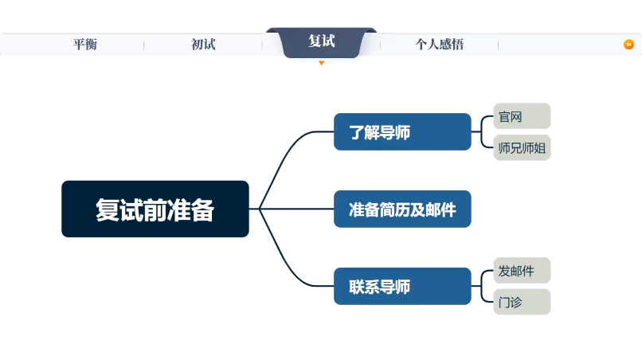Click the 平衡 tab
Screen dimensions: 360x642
84,45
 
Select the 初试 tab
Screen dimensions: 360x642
203,45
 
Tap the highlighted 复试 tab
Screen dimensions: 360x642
321,41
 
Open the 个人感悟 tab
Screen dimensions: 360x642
439,45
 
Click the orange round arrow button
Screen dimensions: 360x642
628,45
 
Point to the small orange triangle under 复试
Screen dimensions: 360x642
321,63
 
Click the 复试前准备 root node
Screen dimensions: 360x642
155,209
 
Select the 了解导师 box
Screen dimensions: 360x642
402,132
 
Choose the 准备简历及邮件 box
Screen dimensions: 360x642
402,209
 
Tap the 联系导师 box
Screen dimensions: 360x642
402,286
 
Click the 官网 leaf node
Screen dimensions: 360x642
522,116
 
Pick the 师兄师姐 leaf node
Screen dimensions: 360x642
522,147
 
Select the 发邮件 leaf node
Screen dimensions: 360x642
522,271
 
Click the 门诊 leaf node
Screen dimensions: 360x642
522,302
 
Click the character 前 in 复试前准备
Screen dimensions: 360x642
155,209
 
